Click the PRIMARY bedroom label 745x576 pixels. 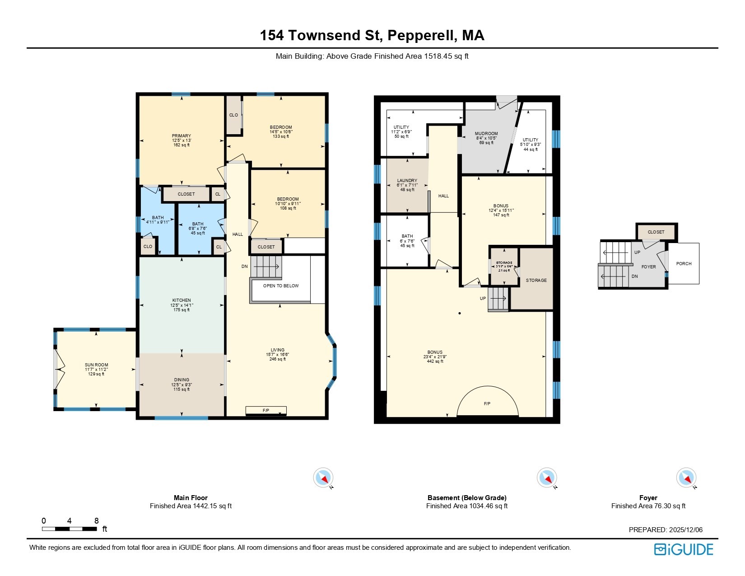[x=181, y=136]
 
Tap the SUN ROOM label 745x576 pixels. [x=96, y=365]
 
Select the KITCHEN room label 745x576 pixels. [x=182, y=300]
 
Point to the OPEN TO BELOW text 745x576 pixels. [x=281, y=286]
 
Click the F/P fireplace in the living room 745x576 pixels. [x=266, y=411]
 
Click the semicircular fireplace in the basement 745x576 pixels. [x=487, y=403]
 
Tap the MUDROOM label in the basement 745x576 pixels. [x=486, y=134]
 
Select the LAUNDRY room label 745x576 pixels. [x=407, y=181]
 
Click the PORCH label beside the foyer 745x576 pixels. [x=684, y=264]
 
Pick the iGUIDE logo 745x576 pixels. [x=684, y=549]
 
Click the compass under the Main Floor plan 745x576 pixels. [x=323, y=478]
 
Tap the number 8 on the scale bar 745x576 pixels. [x=96, y=521]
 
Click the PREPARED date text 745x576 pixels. [x=666, y=530]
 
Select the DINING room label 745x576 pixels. [x=182, y=380]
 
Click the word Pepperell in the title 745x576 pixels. [x=421, y=35]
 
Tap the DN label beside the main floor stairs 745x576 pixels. [x=245, y=267]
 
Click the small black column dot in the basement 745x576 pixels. [x=460, y=313]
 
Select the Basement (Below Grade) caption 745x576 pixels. [x=467, y=498]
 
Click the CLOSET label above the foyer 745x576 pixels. [x=656, y=232]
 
